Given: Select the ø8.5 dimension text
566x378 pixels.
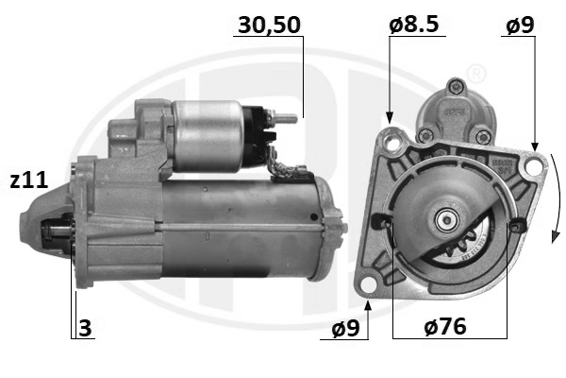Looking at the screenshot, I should pyautogui.click(x=414, y=26).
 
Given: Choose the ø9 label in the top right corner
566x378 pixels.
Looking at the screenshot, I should pyautogui.click(x=520, y=26).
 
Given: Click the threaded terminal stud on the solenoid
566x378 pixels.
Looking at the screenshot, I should pyautogui.click(x=286, y=119).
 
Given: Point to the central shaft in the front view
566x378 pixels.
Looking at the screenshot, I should pyautogui.click(x=443, y=223).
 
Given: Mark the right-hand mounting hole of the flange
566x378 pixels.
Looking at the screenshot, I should pyautogui.click(x=536, y=166).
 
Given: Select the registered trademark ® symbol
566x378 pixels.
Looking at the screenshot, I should pyautogui.click(x=476, y=73).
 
